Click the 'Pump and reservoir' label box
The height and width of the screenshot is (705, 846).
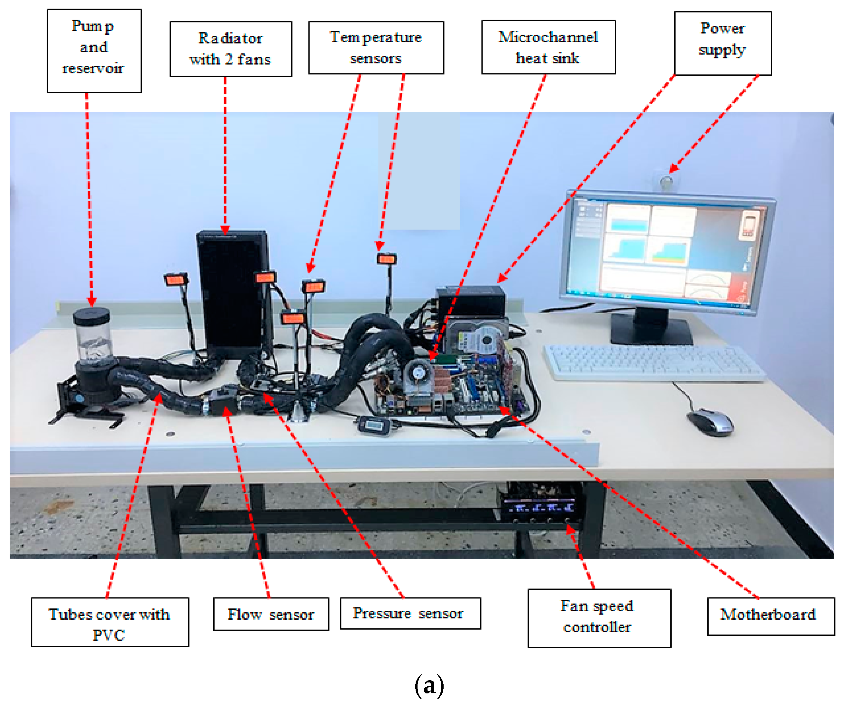click(94, 51)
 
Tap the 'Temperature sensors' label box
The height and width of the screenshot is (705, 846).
click(376, 48)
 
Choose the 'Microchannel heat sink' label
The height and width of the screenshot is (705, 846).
click(548, 47)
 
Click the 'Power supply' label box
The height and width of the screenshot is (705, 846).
click(722, 43)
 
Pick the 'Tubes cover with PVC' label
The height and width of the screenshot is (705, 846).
click(110, 622)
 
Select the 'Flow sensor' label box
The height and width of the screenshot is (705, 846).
click(271, 614)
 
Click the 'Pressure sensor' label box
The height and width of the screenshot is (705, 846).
click(410, 613)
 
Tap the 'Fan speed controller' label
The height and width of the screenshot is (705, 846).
click(599, 618)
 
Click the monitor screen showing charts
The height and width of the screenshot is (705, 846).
click(667, 251)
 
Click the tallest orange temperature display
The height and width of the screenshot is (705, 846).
click(386, 259)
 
